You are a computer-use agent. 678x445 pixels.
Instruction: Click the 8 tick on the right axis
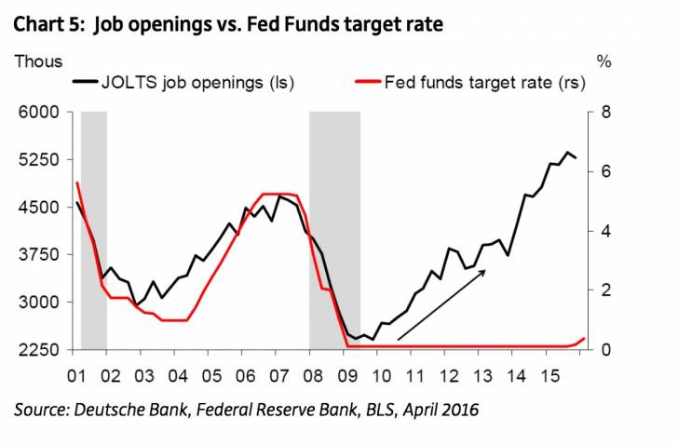click(605, 113)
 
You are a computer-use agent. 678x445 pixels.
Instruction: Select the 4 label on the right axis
click(605, 231)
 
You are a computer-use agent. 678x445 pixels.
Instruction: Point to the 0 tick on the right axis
click(605, 350)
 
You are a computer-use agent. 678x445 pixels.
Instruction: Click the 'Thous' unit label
click(38, 61)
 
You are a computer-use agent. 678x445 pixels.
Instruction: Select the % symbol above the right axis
click(604, 61)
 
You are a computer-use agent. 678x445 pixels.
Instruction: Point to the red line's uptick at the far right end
click(582, 340)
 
